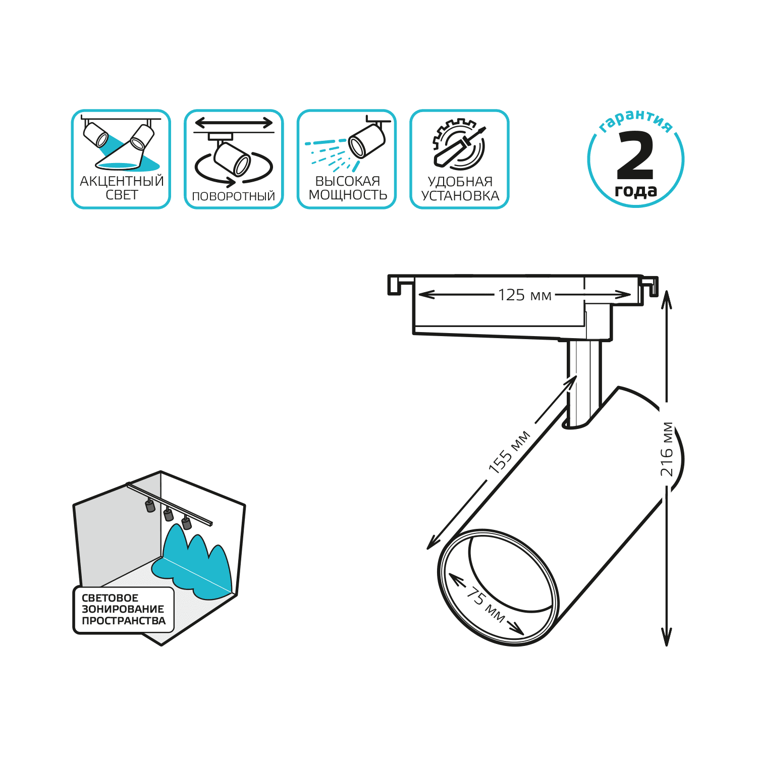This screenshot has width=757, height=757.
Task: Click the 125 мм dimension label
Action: click(524, 295)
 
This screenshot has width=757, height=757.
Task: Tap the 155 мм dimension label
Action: click(509, 452)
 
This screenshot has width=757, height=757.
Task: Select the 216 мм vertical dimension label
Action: click(667, 449)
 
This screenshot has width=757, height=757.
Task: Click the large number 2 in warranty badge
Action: click(636, 155)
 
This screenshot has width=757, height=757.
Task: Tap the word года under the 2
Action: click(636, 191)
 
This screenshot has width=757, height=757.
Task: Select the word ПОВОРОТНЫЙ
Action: click(234, 196)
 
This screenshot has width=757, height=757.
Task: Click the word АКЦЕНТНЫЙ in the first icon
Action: click(122, 181)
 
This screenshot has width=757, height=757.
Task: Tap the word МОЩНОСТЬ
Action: click(348, 195)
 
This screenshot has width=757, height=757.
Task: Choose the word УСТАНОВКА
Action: click(460, 196)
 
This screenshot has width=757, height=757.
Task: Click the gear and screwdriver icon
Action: click(459, 144)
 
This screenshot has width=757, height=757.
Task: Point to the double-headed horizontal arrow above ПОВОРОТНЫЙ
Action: click(234, 123)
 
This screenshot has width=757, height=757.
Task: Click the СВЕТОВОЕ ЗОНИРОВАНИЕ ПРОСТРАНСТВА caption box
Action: click(124, 609)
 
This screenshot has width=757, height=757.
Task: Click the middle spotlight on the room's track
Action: click(169, 514)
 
